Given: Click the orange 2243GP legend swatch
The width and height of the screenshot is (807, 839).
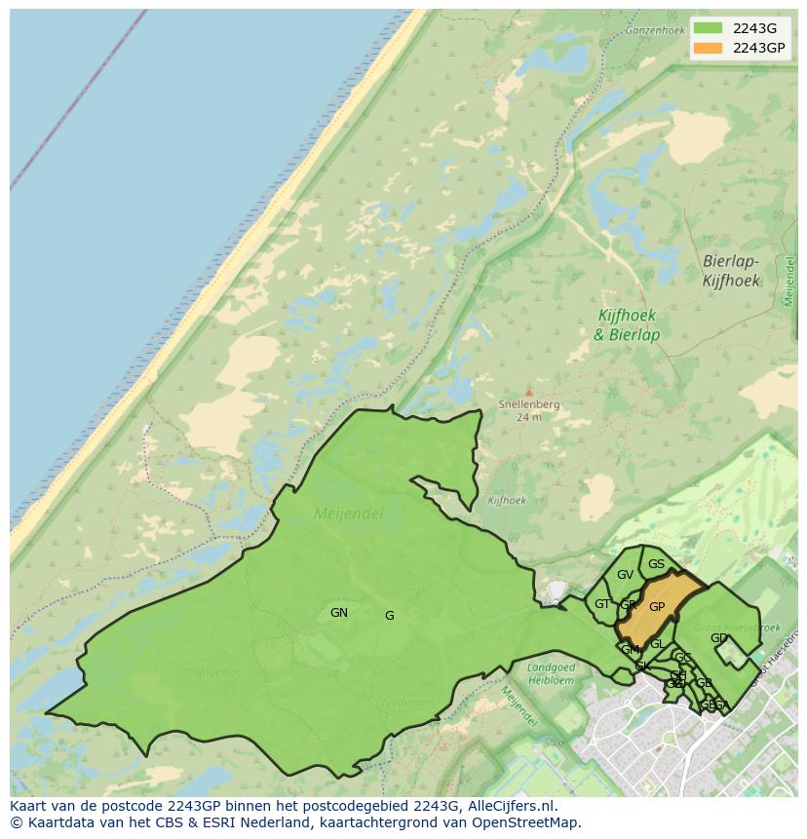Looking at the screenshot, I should [x=709, y=48].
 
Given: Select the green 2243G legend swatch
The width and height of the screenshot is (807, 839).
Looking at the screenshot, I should [x=709, y=27].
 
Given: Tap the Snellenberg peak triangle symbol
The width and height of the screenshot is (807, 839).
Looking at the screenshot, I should [x=529, y=393].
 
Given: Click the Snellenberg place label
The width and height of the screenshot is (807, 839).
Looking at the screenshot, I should [x=529, y=404].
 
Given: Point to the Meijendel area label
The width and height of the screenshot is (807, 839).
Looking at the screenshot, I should [x=349, y=514].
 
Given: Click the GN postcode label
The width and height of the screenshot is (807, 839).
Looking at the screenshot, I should [x=339, y=613].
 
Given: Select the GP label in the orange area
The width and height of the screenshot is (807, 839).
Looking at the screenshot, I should [x=657, y=607].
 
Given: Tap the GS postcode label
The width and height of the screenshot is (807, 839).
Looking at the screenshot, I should [x=656, y=564].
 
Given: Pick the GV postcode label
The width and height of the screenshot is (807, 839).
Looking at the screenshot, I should [x=625, y=575].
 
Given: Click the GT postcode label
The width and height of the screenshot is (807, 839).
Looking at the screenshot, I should [x=602, y=604].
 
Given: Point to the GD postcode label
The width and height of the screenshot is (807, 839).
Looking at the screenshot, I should [x=718, y=638].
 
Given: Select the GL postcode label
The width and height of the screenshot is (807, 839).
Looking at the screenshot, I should [x=657, y=644].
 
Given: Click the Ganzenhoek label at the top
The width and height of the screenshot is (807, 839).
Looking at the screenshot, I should [x=656, y=30].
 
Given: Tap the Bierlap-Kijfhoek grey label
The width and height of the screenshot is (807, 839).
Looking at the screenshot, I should [x=731, y=271].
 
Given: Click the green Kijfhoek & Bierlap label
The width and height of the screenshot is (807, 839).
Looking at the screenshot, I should [x=627, y=325].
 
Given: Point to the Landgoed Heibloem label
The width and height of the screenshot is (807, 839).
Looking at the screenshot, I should [x=552, y=673].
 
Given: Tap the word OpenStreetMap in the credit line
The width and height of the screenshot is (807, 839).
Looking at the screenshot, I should [x=527, y=822].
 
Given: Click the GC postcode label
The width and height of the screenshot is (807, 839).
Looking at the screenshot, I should [x=683, y=658].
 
